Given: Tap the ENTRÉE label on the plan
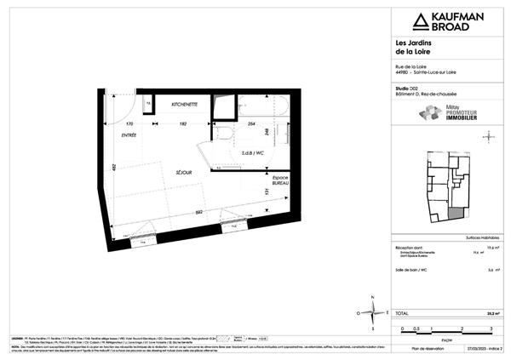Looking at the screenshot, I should [129, 134].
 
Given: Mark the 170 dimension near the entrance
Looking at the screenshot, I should [129, 124].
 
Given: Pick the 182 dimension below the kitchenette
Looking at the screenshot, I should [183, 124].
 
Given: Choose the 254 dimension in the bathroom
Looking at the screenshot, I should [252, 124].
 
